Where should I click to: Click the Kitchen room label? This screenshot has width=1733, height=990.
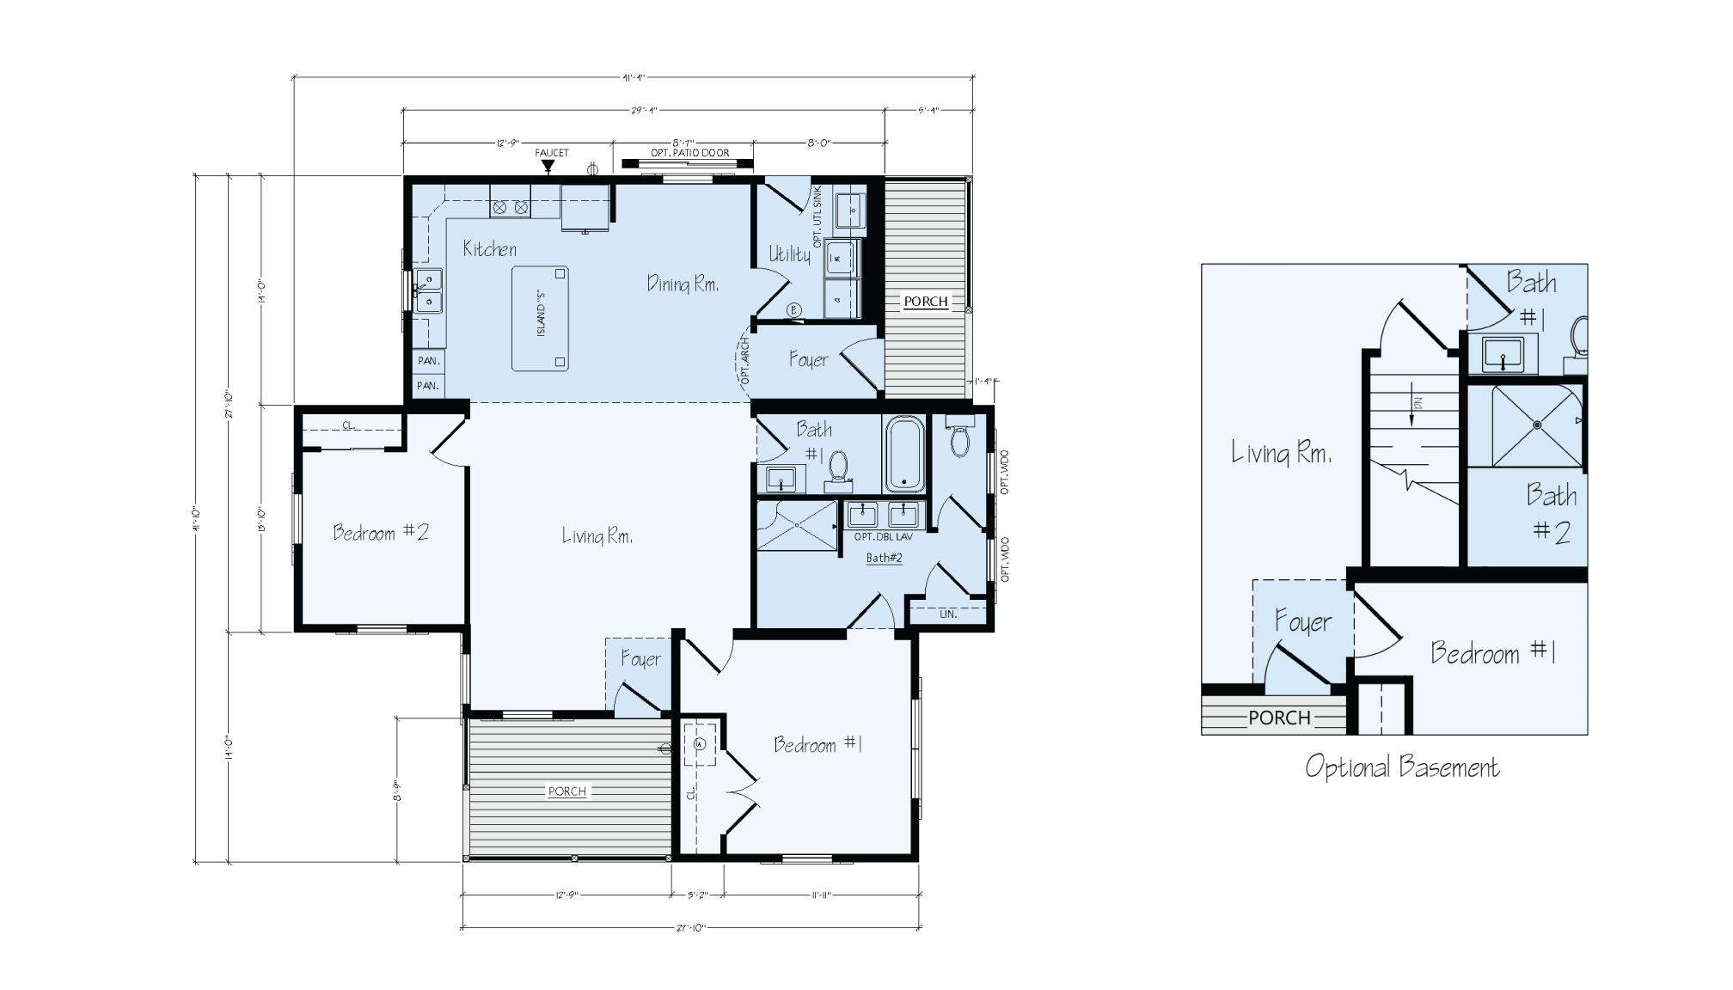pos(489,249)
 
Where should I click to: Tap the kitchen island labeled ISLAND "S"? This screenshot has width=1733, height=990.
pos(540,318)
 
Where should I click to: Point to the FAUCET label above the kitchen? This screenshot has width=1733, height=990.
pos(552,153)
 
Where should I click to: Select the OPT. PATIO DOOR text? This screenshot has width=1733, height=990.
pos(689,153)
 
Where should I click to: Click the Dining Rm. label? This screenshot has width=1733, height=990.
pos(683,284)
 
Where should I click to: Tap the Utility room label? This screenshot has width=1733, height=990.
pos(789,254)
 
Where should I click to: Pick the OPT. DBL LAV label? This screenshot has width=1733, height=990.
pos(883,536)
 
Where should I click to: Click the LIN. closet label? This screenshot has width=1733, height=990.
pos(948,614)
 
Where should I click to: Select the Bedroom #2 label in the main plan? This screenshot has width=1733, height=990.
pos(380,533)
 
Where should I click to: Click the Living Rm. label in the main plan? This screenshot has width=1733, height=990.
pos(597,536)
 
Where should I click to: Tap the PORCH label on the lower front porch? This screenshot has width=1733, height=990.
pos(566,791)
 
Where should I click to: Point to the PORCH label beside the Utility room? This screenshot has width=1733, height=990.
pos(926,302)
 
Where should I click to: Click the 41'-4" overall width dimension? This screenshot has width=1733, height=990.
pos(634,77)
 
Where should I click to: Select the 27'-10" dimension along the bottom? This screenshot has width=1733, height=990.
pos(690,928)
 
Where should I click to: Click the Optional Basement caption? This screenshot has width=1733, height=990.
pos(1401,767)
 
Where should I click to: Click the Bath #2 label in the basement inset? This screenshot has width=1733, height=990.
pos(1552,513)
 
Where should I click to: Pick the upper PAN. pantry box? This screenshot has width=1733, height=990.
pos(428,362)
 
